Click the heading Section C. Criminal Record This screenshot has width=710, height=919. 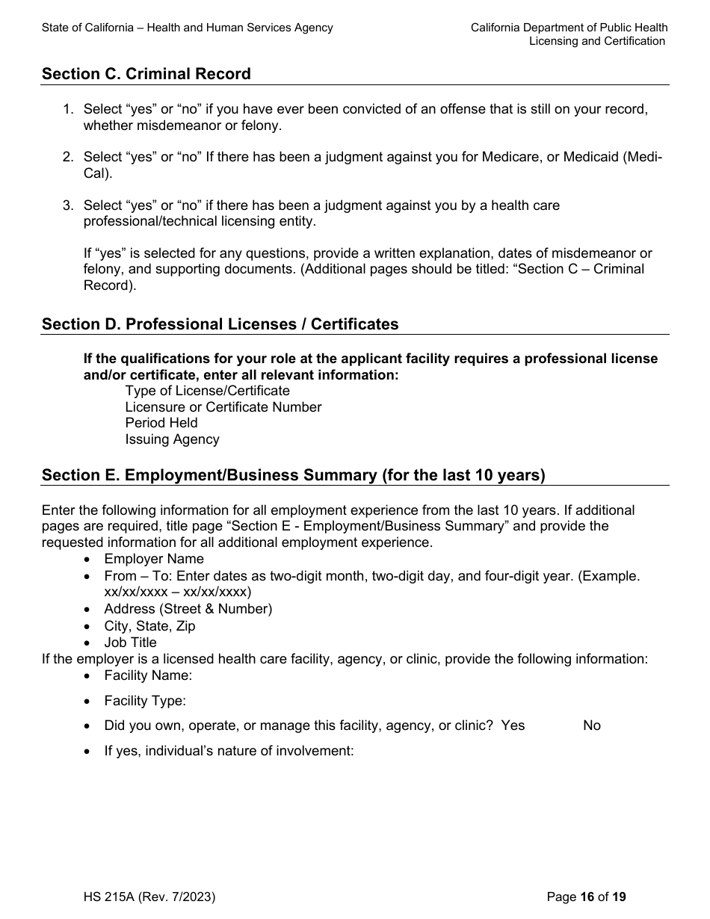click(146, 74)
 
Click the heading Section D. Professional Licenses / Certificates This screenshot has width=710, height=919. click(220, 324)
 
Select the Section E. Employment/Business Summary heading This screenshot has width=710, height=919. click(294, 475)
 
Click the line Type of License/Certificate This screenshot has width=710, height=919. click(207, 391)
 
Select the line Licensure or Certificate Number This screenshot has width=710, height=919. click(223, 407)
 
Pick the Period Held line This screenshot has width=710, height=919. click(161, 423)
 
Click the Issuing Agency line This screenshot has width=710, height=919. click(172, 439)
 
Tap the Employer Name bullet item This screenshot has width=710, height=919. click(153, 559)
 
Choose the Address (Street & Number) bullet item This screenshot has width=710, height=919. click(188, 609)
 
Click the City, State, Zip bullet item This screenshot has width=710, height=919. click(149, 626)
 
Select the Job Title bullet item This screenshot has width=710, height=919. click(130, 643)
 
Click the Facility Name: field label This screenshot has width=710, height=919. click(148, 675)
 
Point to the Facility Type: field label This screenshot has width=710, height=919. click(145, 701)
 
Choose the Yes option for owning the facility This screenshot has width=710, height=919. click(513, 725)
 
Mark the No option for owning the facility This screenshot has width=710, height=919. click(591, 725)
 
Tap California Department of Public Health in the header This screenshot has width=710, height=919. click(569, 28)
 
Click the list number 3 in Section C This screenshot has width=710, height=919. click(67, 205)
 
